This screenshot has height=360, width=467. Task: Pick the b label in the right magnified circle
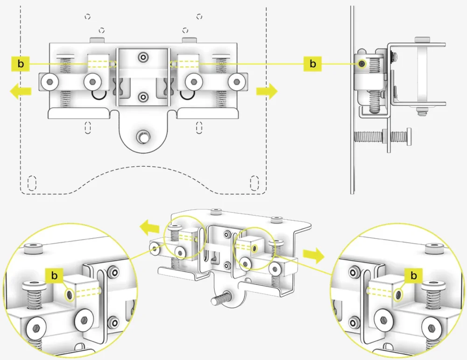pos(413,276)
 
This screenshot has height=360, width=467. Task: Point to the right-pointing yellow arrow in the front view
pos(267,91)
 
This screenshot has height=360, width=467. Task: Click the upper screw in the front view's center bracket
pos(143,57)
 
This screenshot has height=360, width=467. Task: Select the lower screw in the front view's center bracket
pos(143,97)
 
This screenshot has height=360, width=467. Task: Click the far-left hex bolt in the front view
pos(49,82)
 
